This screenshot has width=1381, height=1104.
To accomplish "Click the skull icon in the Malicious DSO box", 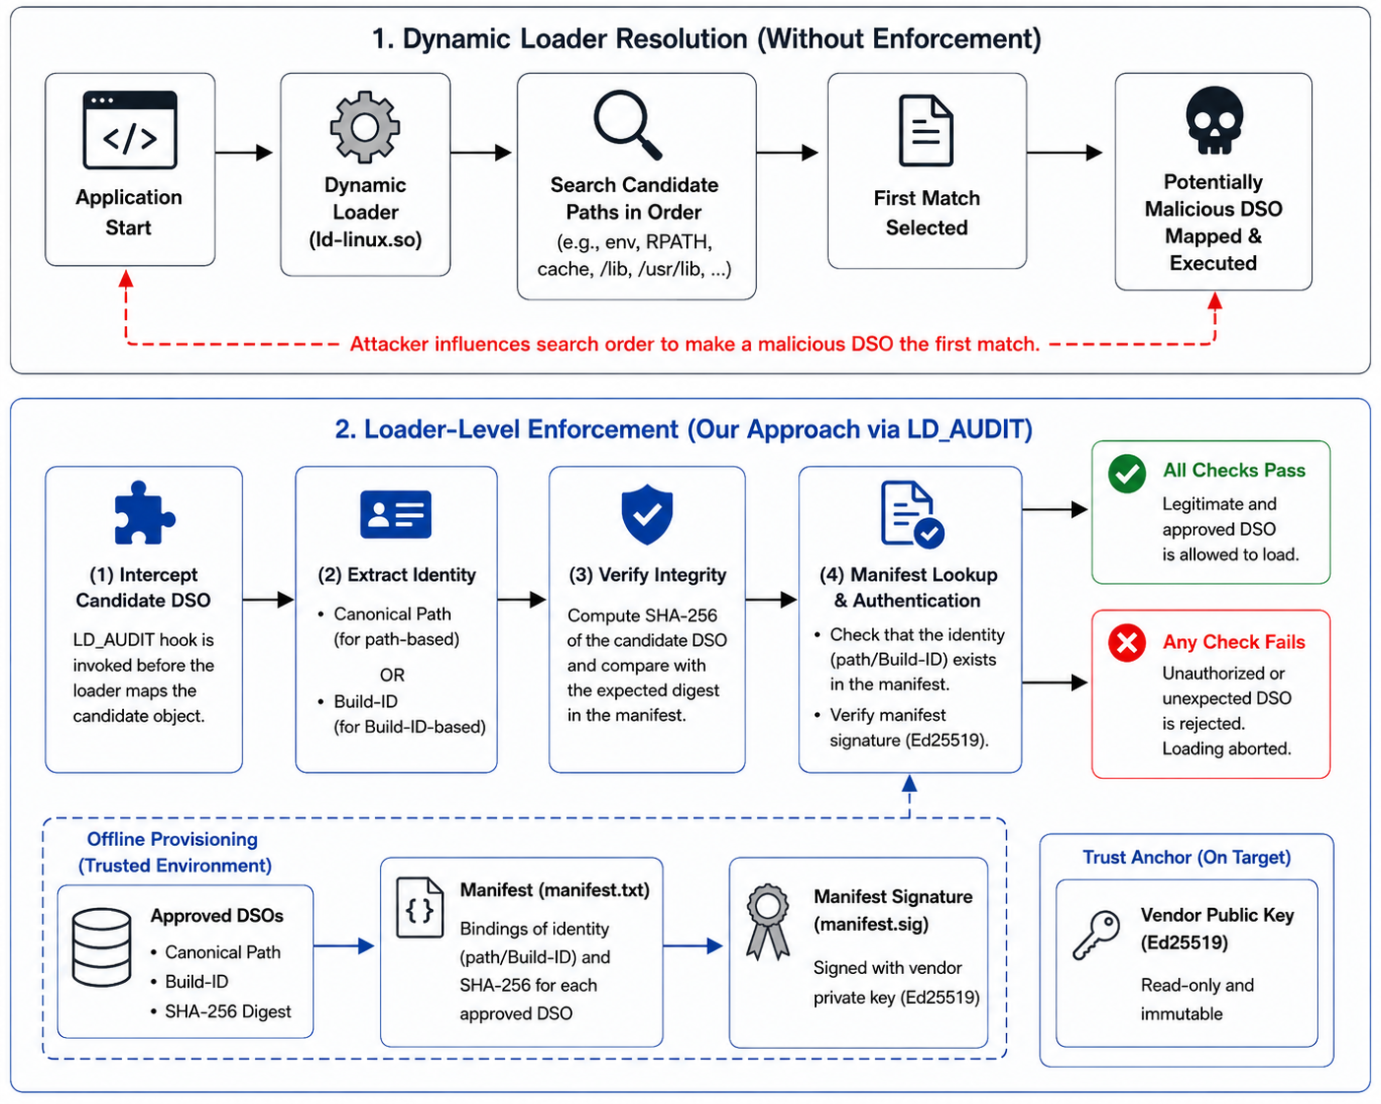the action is (1214, 120).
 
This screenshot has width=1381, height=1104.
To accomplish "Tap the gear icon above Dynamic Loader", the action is (364, 126).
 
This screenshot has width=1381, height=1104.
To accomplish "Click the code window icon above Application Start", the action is (130, 130).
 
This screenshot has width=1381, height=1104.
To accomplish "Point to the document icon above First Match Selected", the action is (926, 130).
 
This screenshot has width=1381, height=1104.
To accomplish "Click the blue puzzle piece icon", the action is (144, 512).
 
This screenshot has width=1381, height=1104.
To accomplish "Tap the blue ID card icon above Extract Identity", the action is (396, 514).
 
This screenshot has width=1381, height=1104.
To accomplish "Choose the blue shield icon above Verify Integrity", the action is (647, 514).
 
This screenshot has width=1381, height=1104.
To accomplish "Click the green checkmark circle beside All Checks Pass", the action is (1127, 474).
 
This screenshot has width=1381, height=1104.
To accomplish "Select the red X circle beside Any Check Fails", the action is (1127, 642).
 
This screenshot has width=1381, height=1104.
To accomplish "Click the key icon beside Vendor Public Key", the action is (1097, 935).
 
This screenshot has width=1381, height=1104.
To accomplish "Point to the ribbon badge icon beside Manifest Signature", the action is (768, 922).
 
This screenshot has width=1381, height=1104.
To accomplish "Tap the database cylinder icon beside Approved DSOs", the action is (102, 946).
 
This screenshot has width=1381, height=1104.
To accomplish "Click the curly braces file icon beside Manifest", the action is (419, 908).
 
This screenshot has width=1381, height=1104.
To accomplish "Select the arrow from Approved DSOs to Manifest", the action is (344, 945).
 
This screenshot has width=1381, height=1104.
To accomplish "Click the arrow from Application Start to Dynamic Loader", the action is (244, 153).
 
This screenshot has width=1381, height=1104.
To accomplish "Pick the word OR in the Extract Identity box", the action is (392, 675).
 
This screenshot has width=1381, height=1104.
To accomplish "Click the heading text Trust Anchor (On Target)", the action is (1186, 858).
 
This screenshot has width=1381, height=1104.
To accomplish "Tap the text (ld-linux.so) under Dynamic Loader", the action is (365, 239).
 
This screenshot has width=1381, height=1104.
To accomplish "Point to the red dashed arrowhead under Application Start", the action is (126, 279).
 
